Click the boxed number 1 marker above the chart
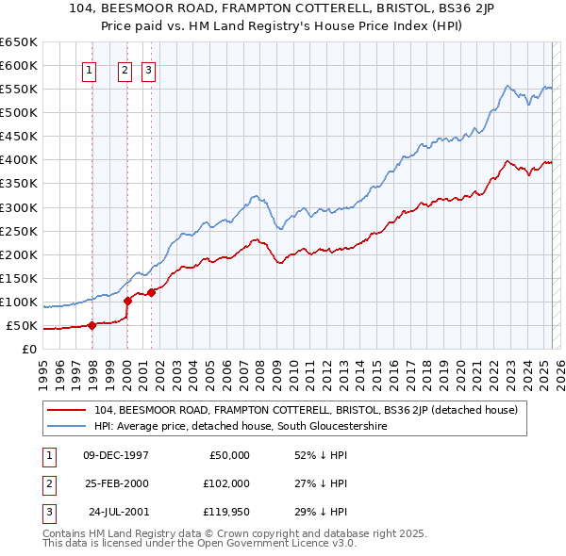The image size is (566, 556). (90, 69)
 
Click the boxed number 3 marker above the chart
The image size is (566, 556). (149, 69)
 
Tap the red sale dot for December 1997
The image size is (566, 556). (92, 325)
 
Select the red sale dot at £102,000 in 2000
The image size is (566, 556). (127, 301)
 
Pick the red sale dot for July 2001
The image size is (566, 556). (151, 292)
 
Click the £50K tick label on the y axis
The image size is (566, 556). (21, 326)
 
